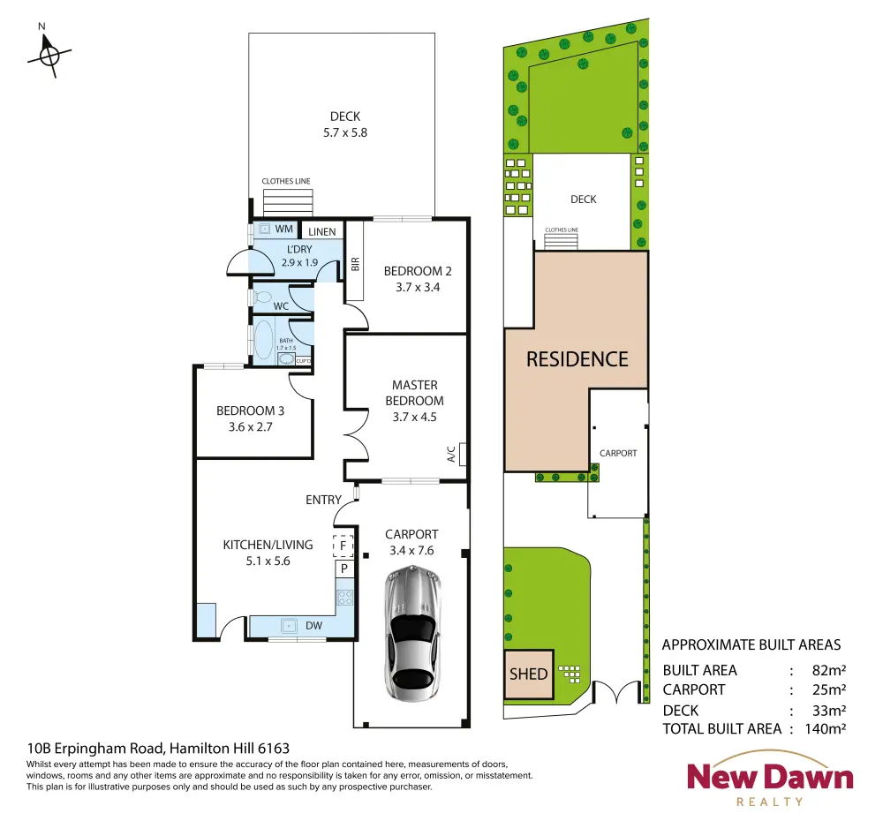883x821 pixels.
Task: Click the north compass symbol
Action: click(x=49, y=56)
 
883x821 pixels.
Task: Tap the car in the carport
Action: click(x=412, y=634)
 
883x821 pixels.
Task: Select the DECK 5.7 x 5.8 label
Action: click(x=345, y=124)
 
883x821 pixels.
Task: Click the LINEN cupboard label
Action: click(x=322, y=231)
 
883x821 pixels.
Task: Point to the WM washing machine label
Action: click(x=283, y=229)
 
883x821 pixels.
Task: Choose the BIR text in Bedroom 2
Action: click(x=355, y=264)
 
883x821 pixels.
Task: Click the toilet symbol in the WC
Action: click(x=263, y=297)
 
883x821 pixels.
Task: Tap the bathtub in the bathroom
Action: click(x=263, y=340)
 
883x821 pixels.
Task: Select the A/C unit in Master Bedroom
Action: click(x=463, y=455)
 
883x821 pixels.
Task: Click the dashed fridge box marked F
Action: click(x=343, y=546)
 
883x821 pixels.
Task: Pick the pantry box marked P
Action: click(x=344, y=569)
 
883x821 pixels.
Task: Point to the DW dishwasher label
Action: click(x=313, y=626)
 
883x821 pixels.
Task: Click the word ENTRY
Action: click(x=323, y=500)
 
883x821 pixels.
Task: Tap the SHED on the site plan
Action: click(x=529, y=674)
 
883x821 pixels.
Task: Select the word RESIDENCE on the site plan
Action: click(x=577, y=359)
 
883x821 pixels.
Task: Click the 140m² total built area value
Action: click(x=825, y=728)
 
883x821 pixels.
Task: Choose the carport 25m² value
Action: click(x=829, y=689)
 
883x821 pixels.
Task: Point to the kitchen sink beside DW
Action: click(x=289, y=626)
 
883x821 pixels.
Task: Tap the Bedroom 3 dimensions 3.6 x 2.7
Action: click(x=251, y=426)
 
